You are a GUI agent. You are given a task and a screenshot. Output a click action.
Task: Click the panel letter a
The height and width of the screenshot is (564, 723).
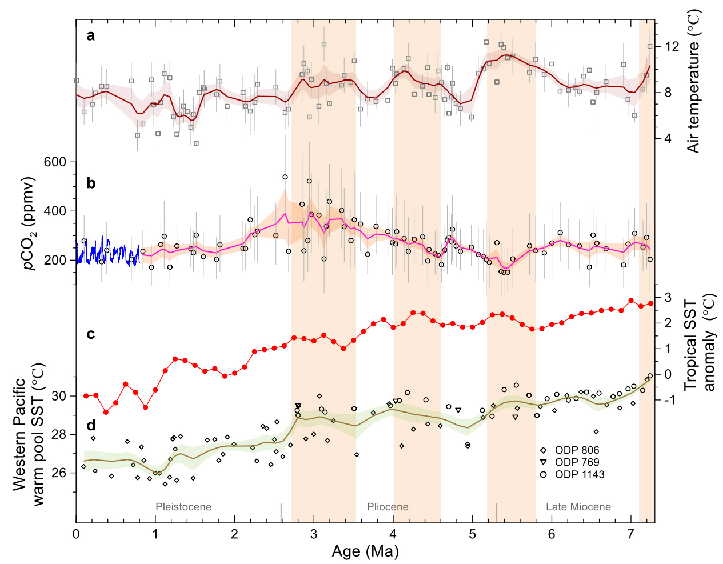(x=91, y=37)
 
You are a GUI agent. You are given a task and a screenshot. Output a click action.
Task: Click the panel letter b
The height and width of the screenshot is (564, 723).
(x=91, y=183)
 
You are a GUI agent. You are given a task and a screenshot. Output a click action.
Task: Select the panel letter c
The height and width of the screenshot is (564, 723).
(x=91, y=334)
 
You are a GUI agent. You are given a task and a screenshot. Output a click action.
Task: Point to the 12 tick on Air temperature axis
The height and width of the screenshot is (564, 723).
(x=672, y=46)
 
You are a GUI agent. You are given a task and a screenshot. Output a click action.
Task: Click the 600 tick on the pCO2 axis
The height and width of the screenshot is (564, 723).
(x=55, y=162)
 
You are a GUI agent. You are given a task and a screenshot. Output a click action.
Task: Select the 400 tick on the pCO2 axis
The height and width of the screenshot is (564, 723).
(x=55, y=211)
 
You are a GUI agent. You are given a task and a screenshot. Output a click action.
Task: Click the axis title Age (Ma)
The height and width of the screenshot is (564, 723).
(x=365, y=551)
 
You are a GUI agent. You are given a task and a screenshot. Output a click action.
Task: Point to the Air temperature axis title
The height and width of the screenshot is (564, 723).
(x=694, y=82)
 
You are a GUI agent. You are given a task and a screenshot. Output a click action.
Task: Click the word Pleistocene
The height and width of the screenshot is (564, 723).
(x=183, y=507)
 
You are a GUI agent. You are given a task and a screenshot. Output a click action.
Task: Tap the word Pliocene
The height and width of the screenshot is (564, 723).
(x=388, y=507)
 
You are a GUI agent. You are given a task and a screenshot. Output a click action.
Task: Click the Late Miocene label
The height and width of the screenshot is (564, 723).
(x=578, y=507)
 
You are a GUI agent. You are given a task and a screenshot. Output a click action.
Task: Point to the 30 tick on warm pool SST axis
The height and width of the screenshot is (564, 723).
(x=59, y=396)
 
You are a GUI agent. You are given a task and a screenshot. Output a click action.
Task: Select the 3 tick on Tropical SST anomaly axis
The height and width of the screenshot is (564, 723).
(x=668, y=297)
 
